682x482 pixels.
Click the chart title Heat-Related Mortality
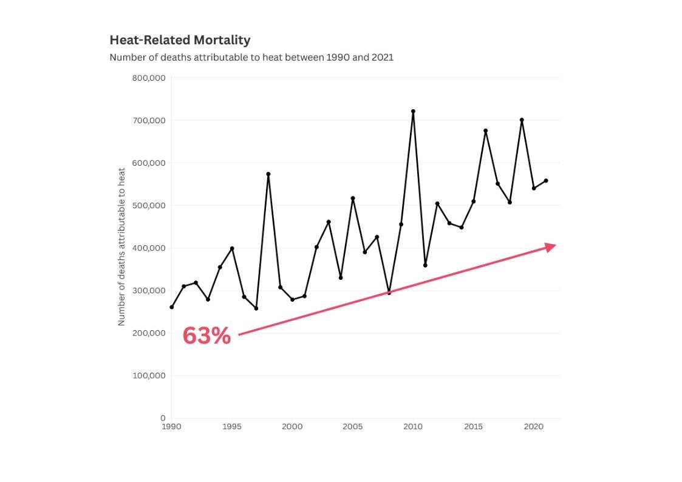pos(180,41)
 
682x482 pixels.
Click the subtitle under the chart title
pos(251,58)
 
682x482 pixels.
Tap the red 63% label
pos(206,336)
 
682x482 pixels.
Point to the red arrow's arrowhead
pos(550,246)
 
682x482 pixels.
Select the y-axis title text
pos(121,247)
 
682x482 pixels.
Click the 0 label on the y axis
pos(163,418)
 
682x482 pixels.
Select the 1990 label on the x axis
pos(171,427)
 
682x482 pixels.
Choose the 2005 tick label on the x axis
pos(353,427)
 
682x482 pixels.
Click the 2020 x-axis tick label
pos(534,427)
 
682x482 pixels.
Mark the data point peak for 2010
pos(413,111)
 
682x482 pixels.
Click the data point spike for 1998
pos(268,174)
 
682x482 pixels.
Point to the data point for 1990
pos(171,307)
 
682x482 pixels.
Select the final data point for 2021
pos(546,180)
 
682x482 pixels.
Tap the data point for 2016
pos(486,131)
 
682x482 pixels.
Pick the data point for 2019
pos(522,120)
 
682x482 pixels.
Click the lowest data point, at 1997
pos(256,308)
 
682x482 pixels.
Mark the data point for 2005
pos(353,198)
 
